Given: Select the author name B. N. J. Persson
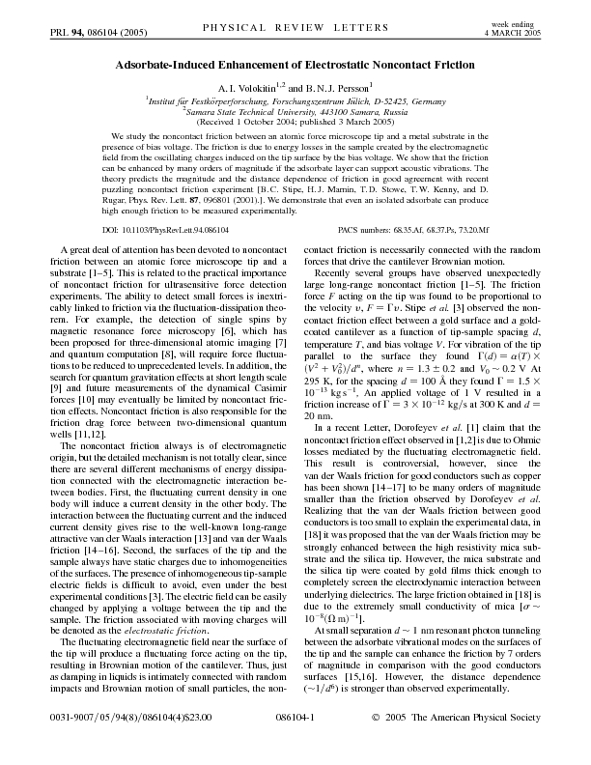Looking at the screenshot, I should (332, 86).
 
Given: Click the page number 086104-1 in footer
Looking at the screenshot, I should (295, 747).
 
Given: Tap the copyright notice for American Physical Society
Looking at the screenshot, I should (470, 747).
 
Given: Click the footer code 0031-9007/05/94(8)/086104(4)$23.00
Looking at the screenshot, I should (110, 747).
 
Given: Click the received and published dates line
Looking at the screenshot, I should (295, 122).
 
